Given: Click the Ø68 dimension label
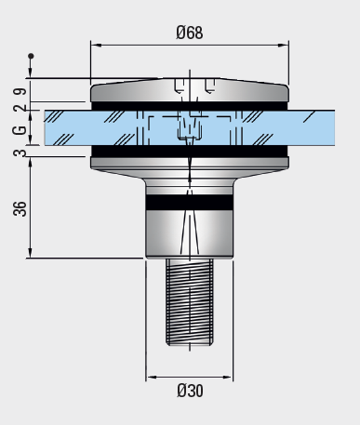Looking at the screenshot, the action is (190, 33).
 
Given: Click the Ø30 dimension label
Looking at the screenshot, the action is (190, 391).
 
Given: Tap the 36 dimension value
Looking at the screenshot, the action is (20, 208).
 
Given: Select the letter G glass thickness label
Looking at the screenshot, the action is (20, 130).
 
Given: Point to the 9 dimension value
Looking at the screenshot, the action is (20, 92).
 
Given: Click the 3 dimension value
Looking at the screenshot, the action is (20, 153).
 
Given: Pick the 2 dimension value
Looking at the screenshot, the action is (20, 108).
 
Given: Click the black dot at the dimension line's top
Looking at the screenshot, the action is (31, 56).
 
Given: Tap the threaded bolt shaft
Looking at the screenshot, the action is (190, 302).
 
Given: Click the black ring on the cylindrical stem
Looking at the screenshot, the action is (190, 202).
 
